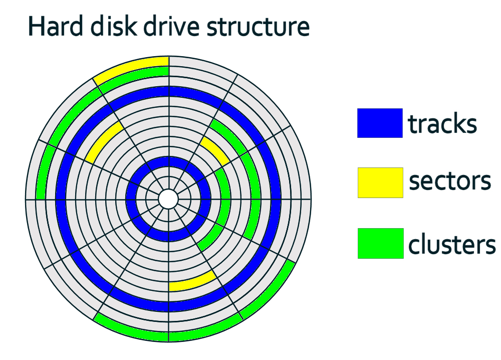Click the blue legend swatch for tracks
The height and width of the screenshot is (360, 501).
pyautogui.click(x=379, y=123)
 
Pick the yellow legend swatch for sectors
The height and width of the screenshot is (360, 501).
pyautogui.click(x=380, y=183)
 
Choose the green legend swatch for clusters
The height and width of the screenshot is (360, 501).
pyautogui.click(x=380, y=243)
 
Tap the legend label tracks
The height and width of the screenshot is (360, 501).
pyautogui.click(x=442, y=123)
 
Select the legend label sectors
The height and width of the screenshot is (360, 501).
pyautogui.click(x=449, y=182)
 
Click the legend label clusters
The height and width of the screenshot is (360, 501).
pyautogui.click(x=451, y=244)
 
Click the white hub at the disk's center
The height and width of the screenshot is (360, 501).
pyautogui.click(x=168, y=199)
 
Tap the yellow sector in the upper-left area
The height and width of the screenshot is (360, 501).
pyautogui.click(x=104, y=141)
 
